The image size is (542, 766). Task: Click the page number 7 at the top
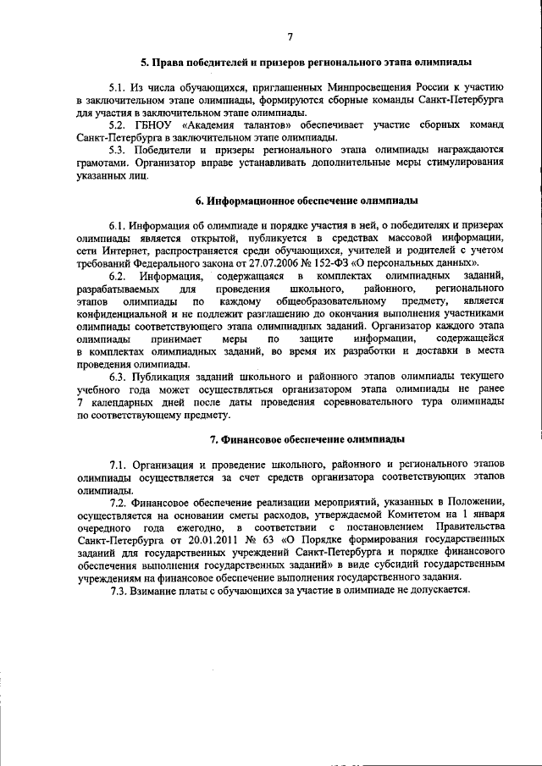pos(290,36)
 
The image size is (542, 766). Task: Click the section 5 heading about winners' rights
pos(307,63)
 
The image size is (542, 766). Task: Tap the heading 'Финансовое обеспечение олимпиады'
pos(307,439)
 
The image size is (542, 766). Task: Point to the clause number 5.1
pos(118,88)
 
